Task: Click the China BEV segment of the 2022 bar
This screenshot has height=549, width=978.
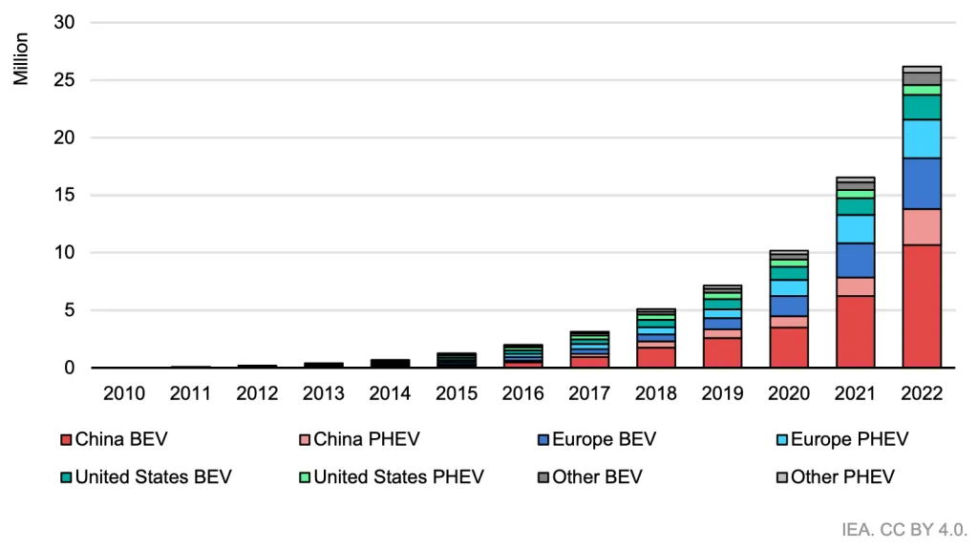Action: point(922,306)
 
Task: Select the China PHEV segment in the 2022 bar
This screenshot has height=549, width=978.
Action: point(922,226)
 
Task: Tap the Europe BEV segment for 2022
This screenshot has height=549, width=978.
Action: point(922,183)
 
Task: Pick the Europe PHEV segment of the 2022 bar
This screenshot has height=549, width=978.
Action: point(922,138)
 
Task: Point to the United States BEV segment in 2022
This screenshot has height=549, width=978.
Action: point(922,107)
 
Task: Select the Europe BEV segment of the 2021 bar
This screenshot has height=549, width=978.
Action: point(855,260)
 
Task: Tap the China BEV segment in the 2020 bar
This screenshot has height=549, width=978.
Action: point(789,348)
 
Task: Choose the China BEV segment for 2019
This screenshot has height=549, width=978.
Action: point(722,352)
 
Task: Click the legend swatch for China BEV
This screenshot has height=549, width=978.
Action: point(65,439)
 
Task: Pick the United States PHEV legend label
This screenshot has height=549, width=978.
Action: point(398,476)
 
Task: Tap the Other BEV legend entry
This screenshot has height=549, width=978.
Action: point(597,476)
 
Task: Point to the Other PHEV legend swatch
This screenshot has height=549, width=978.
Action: point(781,476)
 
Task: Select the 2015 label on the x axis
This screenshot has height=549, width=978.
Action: point(457,392)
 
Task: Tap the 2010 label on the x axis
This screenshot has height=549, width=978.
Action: point(125,392)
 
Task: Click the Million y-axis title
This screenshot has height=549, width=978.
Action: point(21,59)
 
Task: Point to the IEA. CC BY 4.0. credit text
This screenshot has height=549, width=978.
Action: point(905,528)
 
